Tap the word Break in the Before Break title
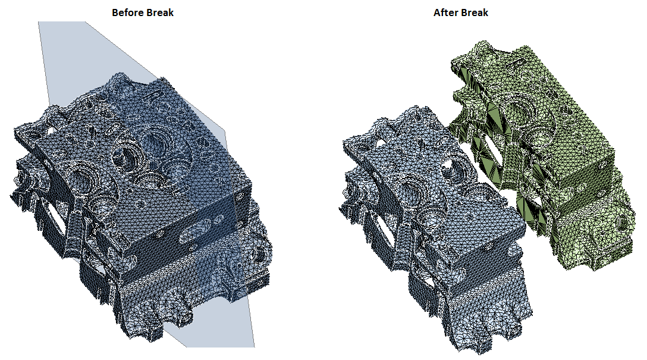(158, 12)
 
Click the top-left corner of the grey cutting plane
(39, 22)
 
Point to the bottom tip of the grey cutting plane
(254, 347)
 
